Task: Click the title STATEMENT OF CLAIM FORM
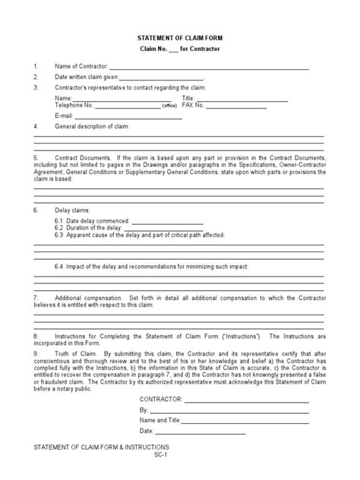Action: (179, 37)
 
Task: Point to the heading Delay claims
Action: (71, 209)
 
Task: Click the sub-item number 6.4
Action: (59, 267)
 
